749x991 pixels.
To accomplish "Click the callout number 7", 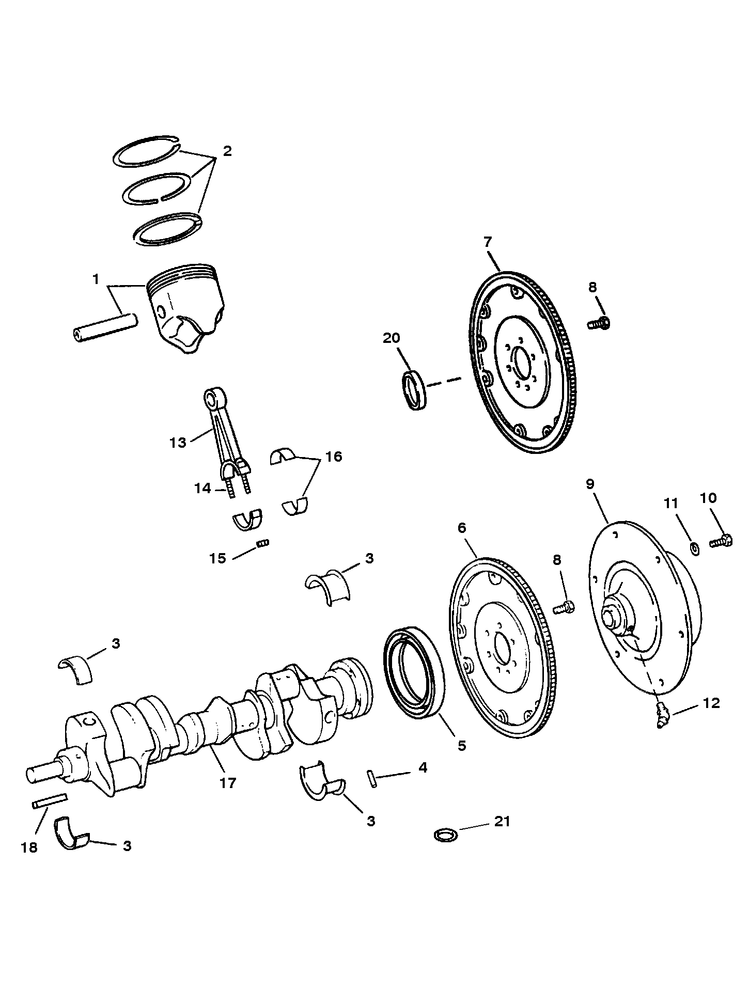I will pos(488,242).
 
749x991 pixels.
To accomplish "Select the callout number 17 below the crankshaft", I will pos(227,783).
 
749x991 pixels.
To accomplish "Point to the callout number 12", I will pos(711,703).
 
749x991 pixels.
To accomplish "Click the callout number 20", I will pos(391,338).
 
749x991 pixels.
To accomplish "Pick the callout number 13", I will pos(178,443).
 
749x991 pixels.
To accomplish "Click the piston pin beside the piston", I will pos(104,327).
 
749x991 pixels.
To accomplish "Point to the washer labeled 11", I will pos(695,547).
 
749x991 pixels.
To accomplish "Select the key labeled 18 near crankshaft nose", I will pos(49,801).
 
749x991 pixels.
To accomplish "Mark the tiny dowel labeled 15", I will pos(263,543).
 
